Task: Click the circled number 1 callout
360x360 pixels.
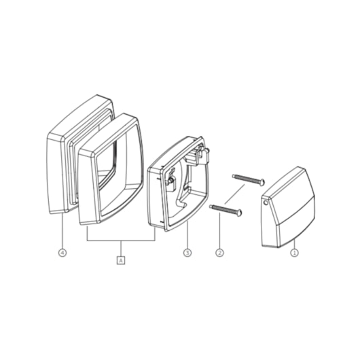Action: [x=295, y=253]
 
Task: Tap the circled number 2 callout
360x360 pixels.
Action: [x=219, y=253]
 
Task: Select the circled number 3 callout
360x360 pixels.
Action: [x=187, y=253]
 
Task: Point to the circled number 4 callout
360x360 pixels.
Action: [x=62, y=253]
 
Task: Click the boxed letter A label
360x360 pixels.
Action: [x=121, y=259]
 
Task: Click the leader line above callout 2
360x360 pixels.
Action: [x=219, y=234]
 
